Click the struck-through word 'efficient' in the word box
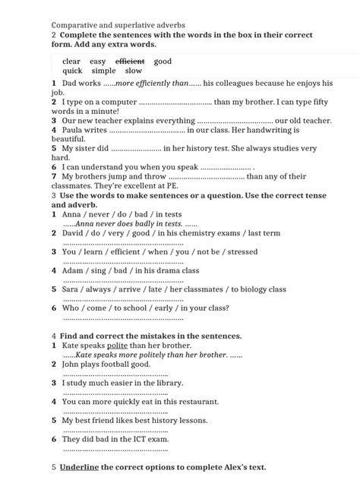pyautogui.click(x=130, y=61)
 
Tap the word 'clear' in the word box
pyautogui.click(x=71, y=61)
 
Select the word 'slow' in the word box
pyautogui.click(x=134, y=71)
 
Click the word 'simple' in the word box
pyautogui.click(x=103, y=71)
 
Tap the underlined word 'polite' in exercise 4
pyautogui.click(x=118, y=346)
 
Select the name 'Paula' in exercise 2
pyautogui.click(x=74, y=130)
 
